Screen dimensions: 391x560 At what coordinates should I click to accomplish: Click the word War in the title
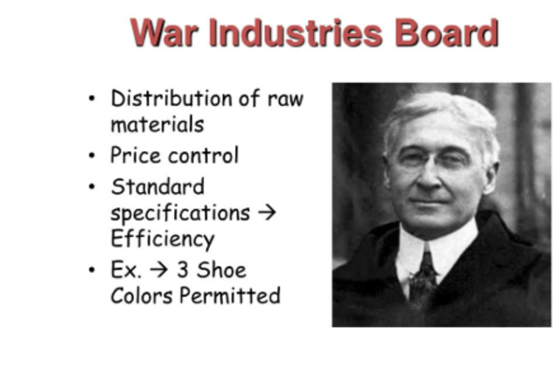tap(164, 33)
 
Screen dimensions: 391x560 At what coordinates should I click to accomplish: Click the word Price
tap(132, 156)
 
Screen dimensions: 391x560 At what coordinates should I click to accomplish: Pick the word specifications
tap(179, 213)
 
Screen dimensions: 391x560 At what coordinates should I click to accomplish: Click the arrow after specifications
tap(266, 213)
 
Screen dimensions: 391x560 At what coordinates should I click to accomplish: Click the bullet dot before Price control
tap(92, 157)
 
